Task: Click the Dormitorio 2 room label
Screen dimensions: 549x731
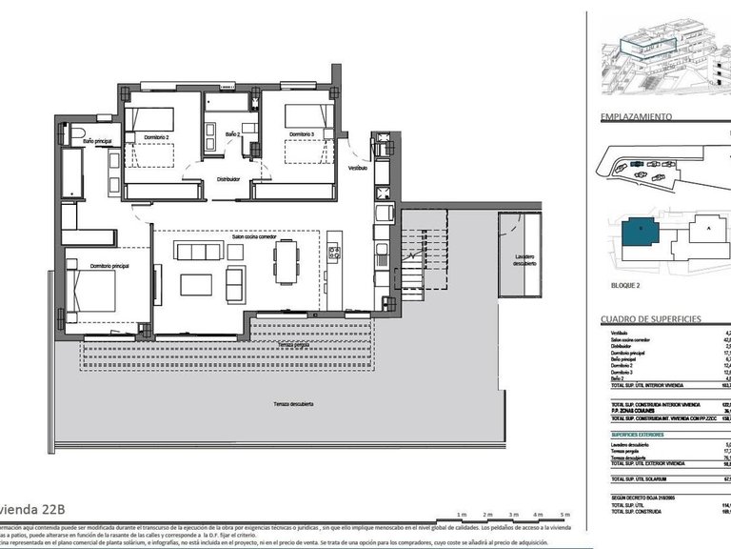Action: tap(157, 138)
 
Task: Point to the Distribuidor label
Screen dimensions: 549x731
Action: tap(227, 179)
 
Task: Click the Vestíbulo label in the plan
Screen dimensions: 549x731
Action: tap(357, 168)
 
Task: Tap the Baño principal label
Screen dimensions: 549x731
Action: tap(97, 141)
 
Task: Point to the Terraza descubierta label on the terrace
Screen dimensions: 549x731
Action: tap(293, 404)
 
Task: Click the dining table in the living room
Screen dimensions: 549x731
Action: tap(286, 261)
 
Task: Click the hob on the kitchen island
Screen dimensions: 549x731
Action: tap(335, 254)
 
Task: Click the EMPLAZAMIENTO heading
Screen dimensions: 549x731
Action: tap(636, 117)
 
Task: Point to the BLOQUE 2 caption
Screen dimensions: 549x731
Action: tap(625, 284)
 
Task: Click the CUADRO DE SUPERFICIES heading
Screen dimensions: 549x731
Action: tap(651, 319)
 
